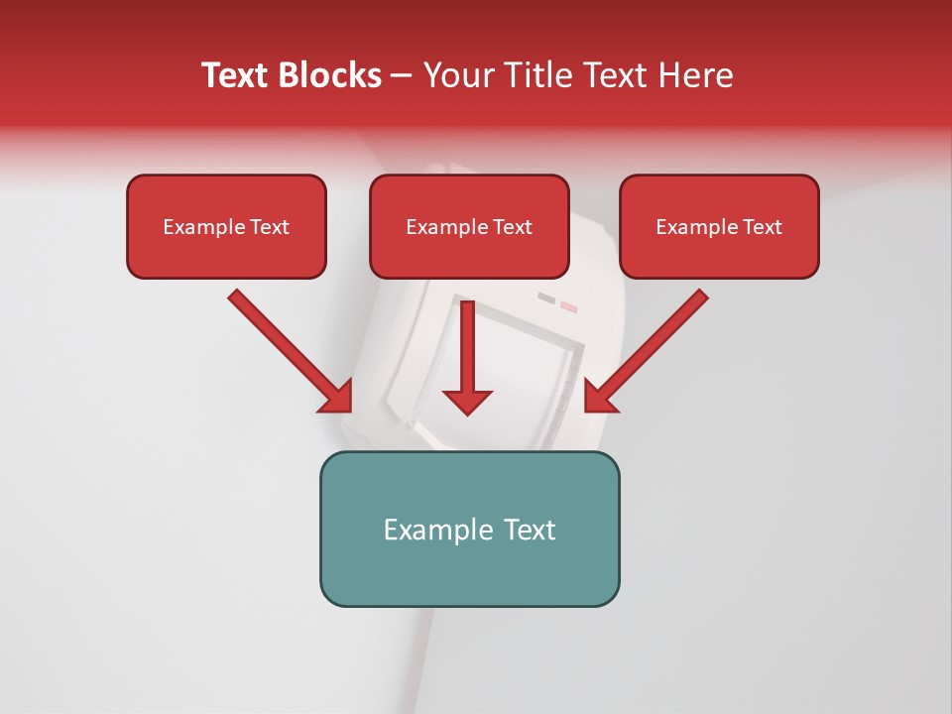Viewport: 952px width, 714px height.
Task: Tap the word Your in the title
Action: coord(458,75)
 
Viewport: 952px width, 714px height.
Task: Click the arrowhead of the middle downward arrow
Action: coord(467,402)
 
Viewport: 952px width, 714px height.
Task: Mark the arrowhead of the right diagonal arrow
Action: coord(598,399)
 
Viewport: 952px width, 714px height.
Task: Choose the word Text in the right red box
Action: coord(761,227)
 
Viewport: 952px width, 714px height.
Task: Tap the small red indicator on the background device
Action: coord(568,306)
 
